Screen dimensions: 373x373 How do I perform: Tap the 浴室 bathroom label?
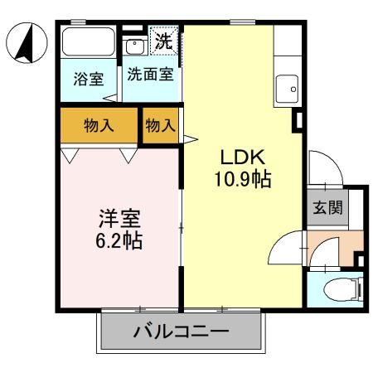(88, 80)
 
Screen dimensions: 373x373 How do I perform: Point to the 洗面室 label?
(150, 75)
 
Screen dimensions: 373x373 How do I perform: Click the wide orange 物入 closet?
(99, 126)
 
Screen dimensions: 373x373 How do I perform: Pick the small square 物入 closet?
(161, 126)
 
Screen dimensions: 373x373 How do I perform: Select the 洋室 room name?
(119, 220)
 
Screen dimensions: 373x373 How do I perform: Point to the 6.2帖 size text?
(119, 242)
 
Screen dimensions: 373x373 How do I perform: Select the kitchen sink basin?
(288, 86)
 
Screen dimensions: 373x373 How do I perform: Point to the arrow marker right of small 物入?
(189, 138)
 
